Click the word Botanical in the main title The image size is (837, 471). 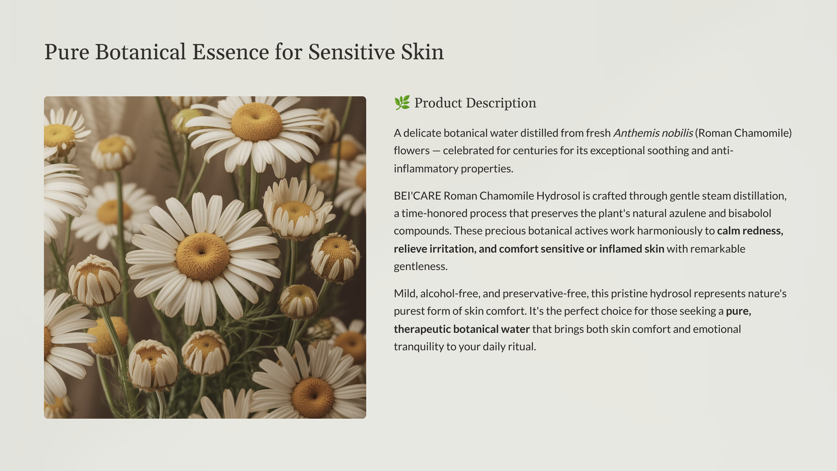tap(140, 52)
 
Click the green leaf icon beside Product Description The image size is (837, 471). tap(402, 103)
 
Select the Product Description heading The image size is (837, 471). tap(475, 103)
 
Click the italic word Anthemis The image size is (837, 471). tap(634, 133)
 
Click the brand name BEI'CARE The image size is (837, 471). tap(417, 196)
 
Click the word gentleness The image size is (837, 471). tap(421, 266)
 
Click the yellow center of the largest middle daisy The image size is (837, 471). tap(202, 256)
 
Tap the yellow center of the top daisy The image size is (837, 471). tap(256, 122)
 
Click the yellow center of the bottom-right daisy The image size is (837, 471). tap(313, 397)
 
